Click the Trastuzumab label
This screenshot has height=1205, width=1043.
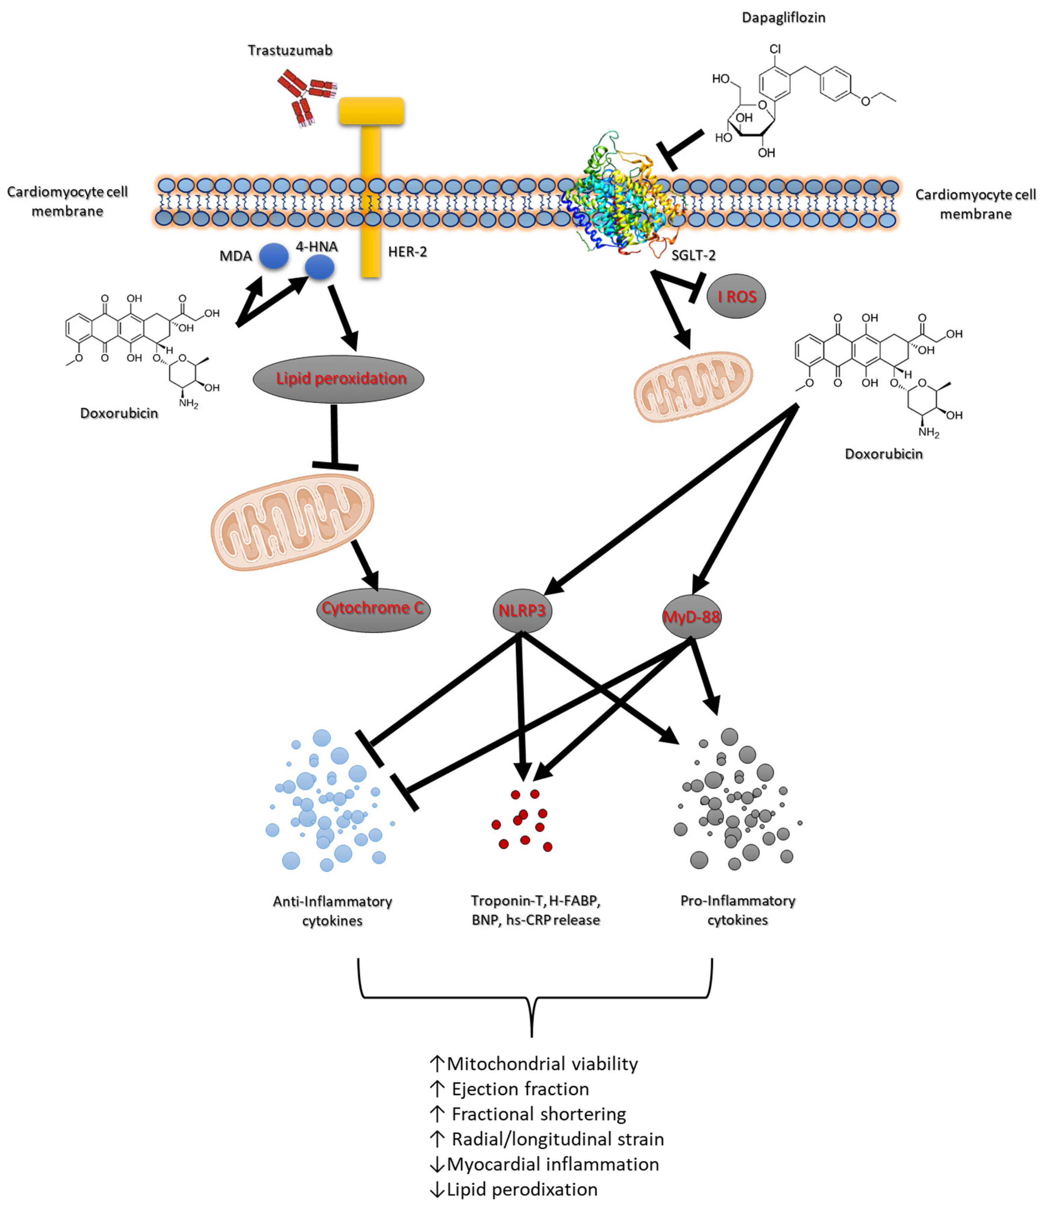(290, 51)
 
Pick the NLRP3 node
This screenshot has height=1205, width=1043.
(522, 611)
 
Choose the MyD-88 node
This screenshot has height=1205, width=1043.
(691, 616)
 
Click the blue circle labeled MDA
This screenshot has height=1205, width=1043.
(274, 256)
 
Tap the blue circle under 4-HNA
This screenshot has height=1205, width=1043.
(320, 268)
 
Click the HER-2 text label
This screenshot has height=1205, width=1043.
(407, 252)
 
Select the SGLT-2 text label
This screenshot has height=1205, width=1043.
(693, 255)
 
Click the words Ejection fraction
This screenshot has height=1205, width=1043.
(520, 1089)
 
